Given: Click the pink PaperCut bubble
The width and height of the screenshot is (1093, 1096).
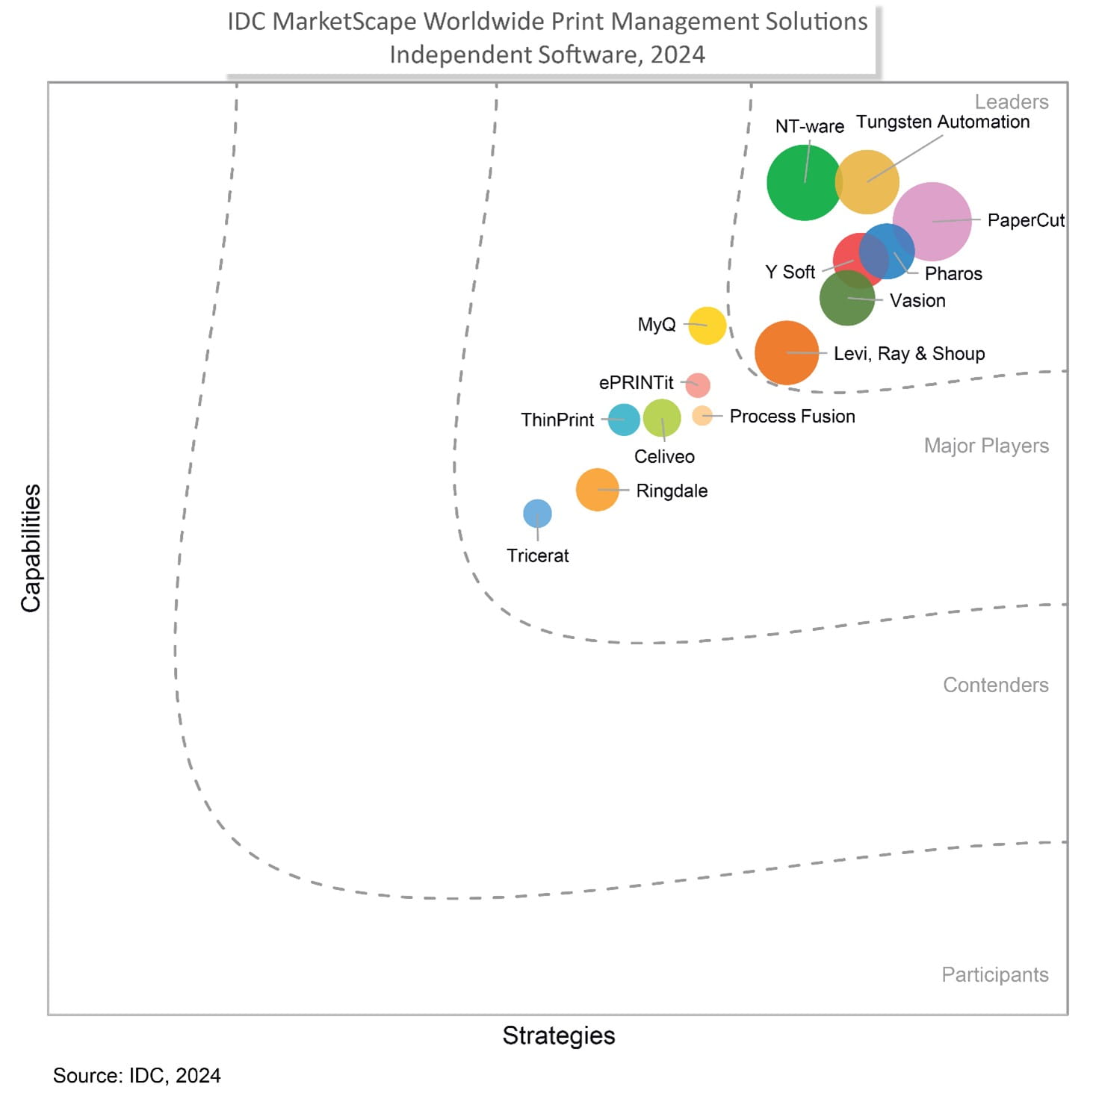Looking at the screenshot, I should (932, 221).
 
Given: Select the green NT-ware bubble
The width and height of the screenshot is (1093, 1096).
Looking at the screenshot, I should (804, 182).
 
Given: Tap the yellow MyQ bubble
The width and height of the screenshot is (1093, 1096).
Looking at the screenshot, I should (707, 326).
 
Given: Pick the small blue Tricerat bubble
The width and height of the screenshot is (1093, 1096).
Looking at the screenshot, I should (537, 514).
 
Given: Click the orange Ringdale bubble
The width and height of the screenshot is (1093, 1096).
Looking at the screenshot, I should (597, 490).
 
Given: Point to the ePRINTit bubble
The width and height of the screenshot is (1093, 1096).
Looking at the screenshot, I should (698, 385).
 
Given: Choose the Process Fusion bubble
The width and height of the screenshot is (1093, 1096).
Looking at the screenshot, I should (702, 416).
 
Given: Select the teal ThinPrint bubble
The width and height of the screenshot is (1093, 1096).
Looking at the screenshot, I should (624, 420).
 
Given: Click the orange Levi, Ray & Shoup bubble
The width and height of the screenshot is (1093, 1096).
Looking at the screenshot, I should (786, 352).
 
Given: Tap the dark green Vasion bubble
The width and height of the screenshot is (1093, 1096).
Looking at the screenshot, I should (846, 299).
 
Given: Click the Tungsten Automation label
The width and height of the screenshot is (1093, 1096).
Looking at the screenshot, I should (942, 122).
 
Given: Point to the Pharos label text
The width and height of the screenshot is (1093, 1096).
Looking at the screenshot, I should (953, 274).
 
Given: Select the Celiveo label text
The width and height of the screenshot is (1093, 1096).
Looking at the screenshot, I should (664, 456).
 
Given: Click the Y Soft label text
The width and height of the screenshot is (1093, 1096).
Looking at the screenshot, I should (790, 273).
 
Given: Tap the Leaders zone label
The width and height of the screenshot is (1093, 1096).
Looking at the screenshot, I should (1011, 102).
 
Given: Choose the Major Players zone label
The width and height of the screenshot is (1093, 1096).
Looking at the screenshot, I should (986, 446).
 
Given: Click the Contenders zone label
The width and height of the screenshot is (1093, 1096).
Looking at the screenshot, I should (995, 685).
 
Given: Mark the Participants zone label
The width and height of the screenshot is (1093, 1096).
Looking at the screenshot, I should (994, 974).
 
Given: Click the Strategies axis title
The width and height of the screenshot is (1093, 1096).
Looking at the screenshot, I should (558, 1036).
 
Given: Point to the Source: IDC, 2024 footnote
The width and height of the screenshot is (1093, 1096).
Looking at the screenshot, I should (137, 1075).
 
